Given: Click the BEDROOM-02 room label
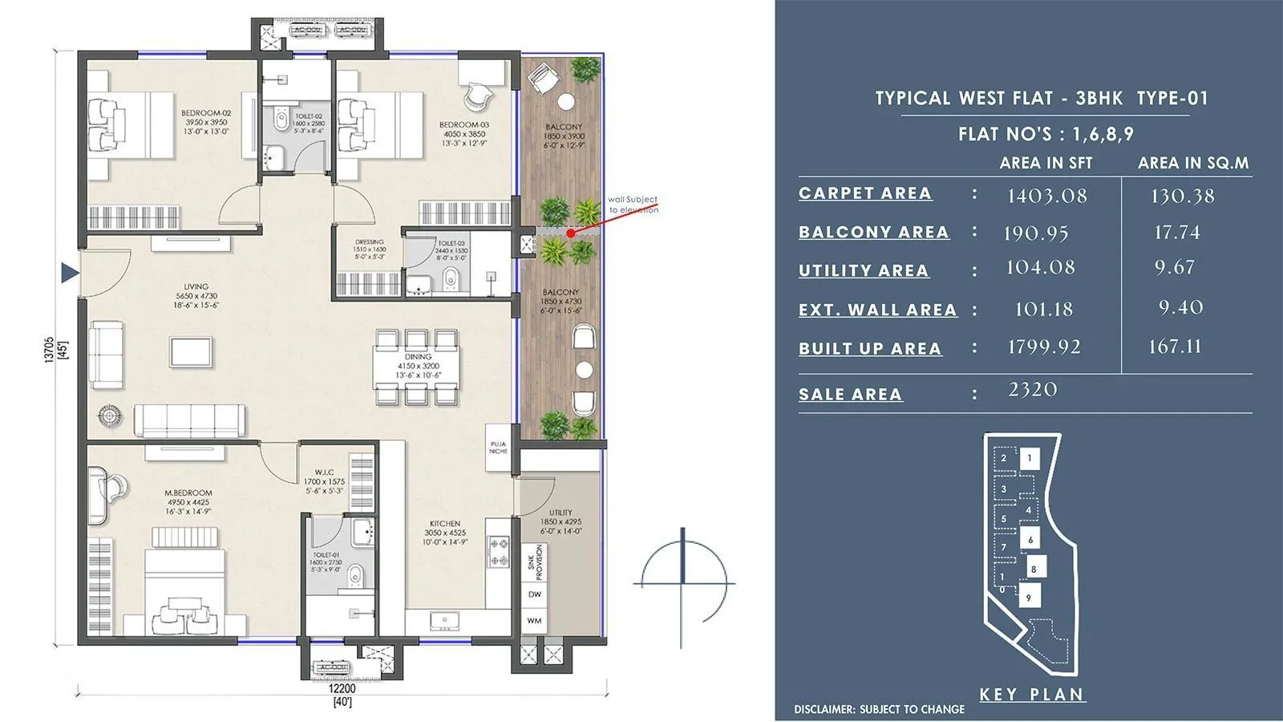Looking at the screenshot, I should (206, 114).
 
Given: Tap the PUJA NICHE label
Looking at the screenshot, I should (498, 447).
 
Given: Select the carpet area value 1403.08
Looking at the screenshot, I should (1046, 196).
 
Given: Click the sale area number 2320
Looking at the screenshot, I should (1033, 390).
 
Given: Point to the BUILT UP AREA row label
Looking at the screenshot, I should (870, 349).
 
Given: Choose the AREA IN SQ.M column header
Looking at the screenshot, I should (1193, 163).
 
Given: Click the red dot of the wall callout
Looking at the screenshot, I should (570, 233).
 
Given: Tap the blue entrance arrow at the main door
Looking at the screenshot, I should (70, 274).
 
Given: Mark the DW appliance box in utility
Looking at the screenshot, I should (534, 594).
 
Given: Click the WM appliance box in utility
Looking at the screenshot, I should (534, 621).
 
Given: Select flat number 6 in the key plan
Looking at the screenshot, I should (1030, 539).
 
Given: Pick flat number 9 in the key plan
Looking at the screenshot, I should (1028, 597).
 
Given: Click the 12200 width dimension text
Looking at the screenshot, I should (342, 688).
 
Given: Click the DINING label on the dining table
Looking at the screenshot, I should (418, 356).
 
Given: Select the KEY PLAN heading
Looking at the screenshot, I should (1032, 695).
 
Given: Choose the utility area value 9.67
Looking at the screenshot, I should (1174, 267).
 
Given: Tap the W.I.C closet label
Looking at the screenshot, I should (324, 473).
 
